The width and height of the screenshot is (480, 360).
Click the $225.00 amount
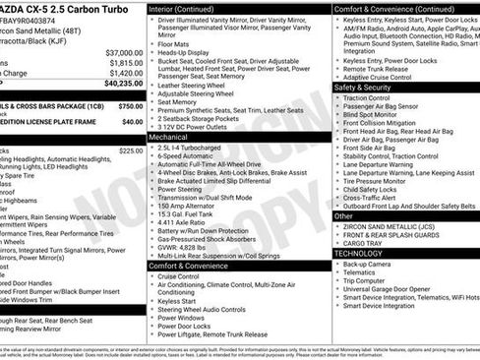point(130,150)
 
